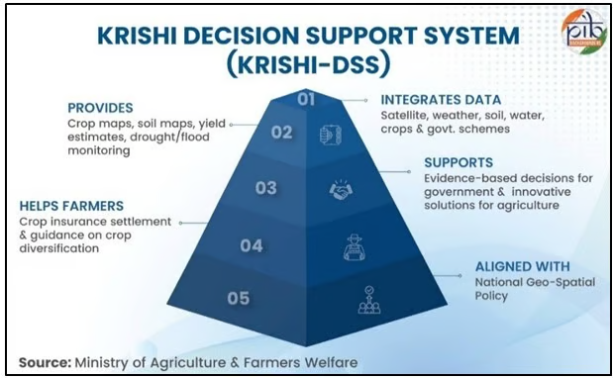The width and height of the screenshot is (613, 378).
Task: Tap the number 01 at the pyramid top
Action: click(x=305, y=98)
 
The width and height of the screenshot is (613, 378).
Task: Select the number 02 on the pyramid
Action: click(x=282, y=133)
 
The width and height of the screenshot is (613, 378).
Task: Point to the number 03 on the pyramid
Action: click(x=265, y=187)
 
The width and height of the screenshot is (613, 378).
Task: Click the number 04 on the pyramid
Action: click(x=252, y=244)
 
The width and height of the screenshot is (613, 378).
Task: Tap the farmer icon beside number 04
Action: click(x=354, y=246)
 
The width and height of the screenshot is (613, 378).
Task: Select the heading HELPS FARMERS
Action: click(x=70, y=206)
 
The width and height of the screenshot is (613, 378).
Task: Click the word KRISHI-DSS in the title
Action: click(x=306, y=64)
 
